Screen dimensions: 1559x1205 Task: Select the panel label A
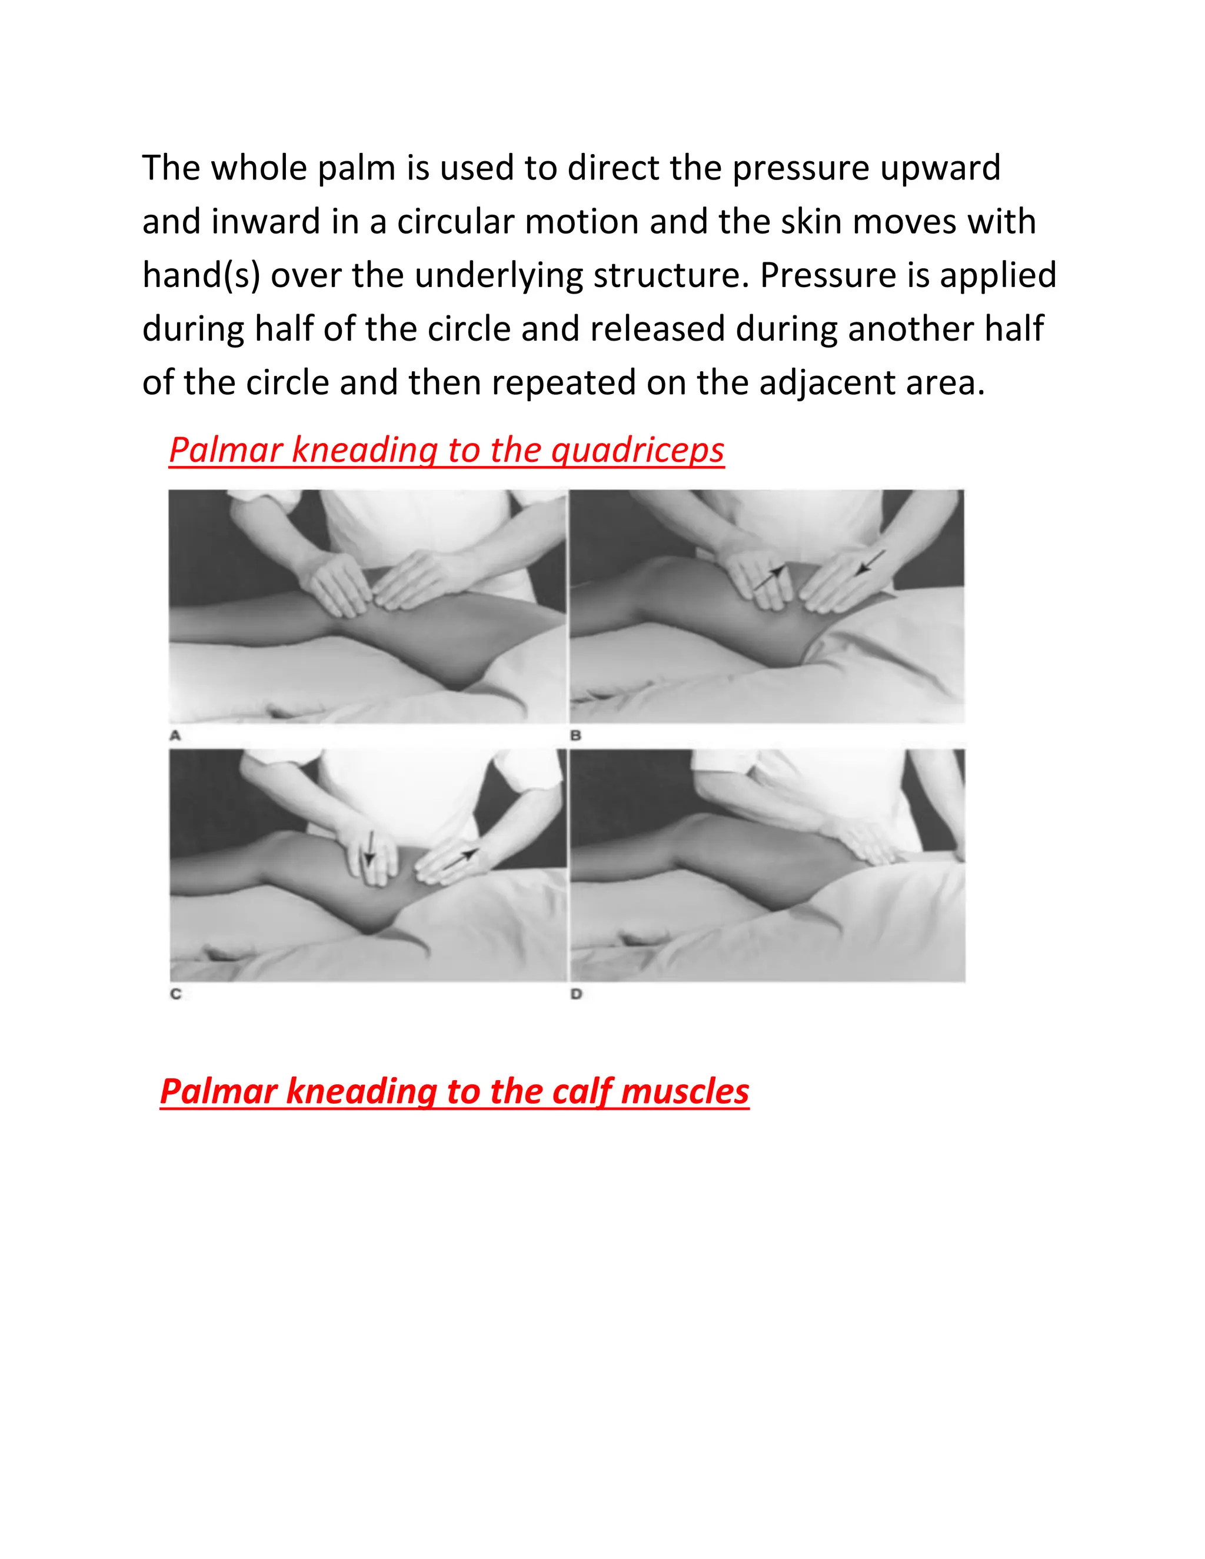pyautogui.click(x=175, y=735)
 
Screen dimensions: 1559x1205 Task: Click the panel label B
pyautogui.click(x=575, y=735)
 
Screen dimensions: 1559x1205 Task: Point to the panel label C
pyautogui.click(x=175, y=994)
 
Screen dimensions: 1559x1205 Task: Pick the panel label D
pyautogui.click(x=576, y=994)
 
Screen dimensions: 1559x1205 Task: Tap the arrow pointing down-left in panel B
pyautogui.click(x=870, y=562)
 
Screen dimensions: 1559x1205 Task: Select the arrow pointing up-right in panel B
pyautogui.click(x=770, y=577)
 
